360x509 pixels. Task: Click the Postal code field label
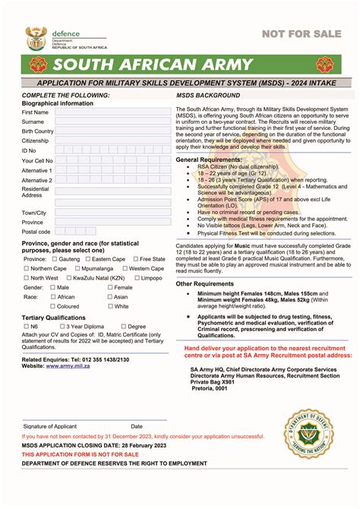(36, 232)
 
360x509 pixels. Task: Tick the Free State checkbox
(135, 259)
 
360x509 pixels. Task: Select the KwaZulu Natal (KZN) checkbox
(67, 278)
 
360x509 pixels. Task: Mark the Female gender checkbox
(110, 288)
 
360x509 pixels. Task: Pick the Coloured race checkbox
(52, 307)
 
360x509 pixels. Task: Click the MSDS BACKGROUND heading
(208, 95)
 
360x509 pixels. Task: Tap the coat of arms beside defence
(36, 37)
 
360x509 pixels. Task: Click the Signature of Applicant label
(52, 426)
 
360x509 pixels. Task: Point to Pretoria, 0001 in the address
(209, 388)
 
